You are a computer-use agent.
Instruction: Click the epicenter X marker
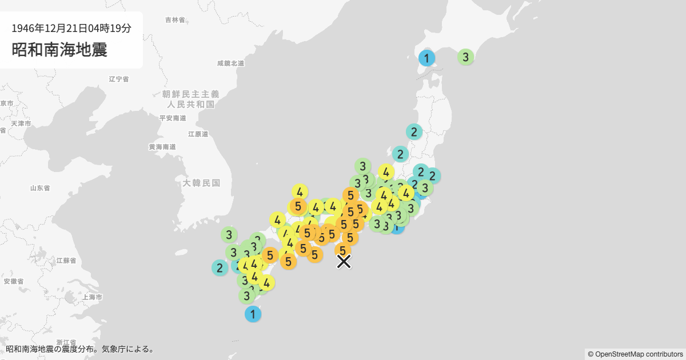[344, 261]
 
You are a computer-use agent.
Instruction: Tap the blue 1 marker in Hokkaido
[426, 58]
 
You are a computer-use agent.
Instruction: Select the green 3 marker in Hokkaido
[465, 57]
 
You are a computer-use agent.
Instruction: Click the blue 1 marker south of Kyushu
[253, 314]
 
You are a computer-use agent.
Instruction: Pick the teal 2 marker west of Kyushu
[220, 267]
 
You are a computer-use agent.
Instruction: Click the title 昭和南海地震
[59, 49]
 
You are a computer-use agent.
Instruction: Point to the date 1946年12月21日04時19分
[71, 27]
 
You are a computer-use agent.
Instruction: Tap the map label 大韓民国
[201, 183]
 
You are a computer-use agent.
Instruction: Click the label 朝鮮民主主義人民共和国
[190, 99]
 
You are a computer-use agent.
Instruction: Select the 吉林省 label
[175, 20]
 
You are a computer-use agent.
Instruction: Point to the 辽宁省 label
[118, 79]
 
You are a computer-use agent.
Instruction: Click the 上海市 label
[92, 297]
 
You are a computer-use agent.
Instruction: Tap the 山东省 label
[41, 188]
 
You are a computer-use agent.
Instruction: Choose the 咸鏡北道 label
[231, 63]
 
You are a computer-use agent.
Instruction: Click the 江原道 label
[198, 134]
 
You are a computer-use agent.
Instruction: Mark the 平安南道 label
[173, 118]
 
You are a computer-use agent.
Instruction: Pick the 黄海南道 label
[162, 147]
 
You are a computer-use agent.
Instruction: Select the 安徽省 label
[13, 281]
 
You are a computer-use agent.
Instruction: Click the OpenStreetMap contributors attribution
[635, 354]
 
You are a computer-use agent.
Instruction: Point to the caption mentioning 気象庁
[80, 349]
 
